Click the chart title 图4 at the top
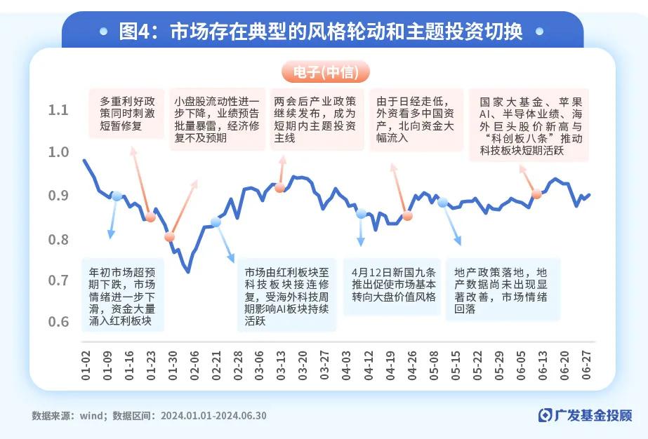tap(322, 32)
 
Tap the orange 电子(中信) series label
tap(325, 72)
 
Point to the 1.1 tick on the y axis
tap(59, 110)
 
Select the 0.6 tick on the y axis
tap(59, 322)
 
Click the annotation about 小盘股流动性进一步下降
tap(216, 119)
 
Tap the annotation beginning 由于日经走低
tap(415, 119)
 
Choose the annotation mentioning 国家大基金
tap(531, 125)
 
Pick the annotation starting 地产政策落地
tap(501, 290)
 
